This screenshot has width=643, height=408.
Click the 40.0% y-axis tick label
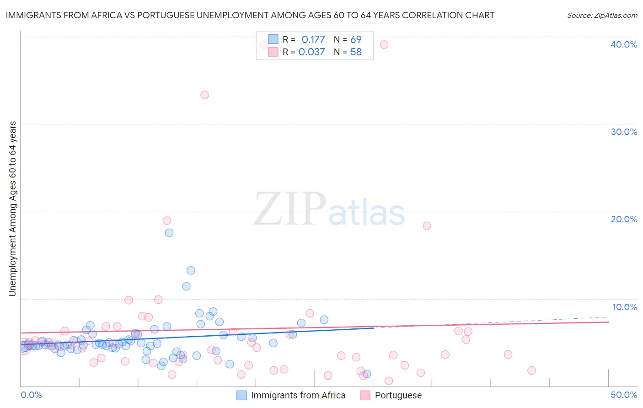pyautogui.click(x=624, y=44)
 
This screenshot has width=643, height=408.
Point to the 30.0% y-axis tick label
pyautogui.click(x=624, y=132)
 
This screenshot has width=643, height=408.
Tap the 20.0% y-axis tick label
pyautogui.click(x=624, y=219)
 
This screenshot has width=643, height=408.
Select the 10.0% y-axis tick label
pyautogui.click(x=625, y=307)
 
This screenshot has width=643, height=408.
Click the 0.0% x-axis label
pyautogui.click(x=31, y=395)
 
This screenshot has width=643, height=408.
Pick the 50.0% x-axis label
pyautogui.click(x=624, y=395)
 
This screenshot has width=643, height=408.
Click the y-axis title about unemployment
pyautogui.click(x=13, y=209)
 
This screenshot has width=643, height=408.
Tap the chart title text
pyautogui.click(x=250, y=15)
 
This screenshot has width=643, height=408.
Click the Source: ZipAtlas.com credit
pyautogui.click(x=602, y=15)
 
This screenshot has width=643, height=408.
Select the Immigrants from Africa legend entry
pyautogui.click(x=292, y=395)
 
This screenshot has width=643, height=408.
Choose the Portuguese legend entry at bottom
pyautogui.click(x=391, y=395)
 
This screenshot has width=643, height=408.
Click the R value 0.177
pyautogui.click(x=313, y=39)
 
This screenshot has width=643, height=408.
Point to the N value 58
pyautogui.click(x=356, y=52)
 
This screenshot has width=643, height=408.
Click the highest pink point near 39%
pyautogui.click(x=384, y=44)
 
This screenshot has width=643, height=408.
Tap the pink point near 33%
pyautogui.click(x=204, y=95)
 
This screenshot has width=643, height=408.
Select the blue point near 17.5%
pyautogui.click(x=169, y=232)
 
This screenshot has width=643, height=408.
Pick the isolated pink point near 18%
pyautogui.click(x=427, y=225)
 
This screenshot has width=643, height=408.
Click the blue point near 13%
pyautogui.click(x=191, y=270)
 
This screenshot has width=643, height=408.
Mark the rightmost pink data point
pyautogui.click(x=531, y=370)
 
